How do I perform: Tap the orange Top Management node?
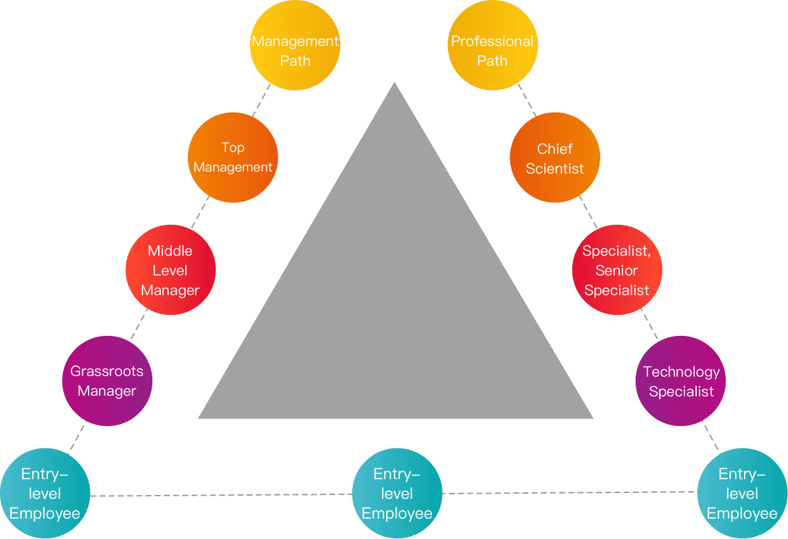coord(233,158)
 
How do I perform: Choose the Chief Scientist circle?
coord(555,158)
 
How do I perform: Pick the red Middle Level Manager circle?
coord(171,270)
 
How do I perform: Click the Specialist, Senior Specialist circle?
coord(617,270)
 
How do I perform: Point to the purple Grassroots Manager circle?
coord(107,381)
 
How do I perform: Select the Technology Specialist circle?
coord(681,381)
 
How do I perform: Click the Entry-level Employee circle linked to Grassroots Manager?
coord(45,493)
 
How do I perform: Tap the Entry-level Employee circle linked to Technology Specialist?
coord(742,493)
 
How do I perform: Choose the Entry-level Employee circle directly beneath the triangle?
coord(397,493)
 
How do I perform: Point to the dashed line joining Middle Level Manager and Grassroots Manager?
coord(139,325)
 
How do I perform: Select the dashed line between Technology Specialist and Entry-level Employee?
coord(711,437)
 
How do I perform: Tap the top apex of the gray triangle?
coord(395,83)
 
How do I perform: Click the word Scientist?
coord(555,168)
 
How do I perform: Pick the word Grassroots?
coord(107,371)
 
